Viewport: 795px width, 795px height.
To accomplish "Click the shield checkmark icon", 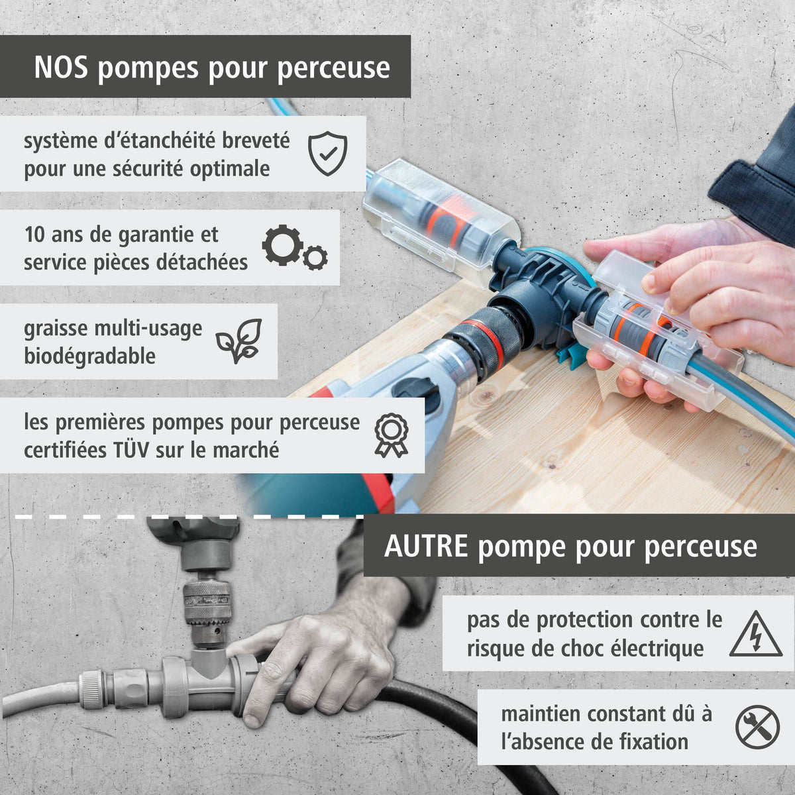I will (328, 153).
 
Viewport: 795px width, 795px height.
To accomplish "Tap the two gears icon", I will (294, 247).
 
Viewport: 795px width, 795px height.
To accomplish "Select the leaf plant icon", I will (239, 341).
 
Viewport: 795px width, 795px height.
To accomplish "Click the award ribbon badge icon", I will (391, 435).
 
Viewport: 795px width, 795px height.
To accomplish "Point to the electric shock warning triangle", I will (755, 634).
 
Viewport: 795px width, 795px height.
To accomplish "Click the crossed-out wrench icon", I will (757, 727).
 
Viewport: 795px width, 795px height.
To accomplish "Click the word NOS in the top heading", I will (61, 68).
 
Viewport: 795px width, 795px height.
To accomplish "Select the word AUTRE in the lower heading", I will (426, 547).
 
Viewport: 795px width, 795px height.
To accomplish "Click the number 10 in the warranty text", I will (34, 235).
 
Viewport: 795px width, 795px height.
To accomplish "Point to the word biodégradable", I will (89, 356).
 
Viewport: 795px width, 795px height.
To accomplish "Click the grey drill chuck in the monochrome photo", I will (207, 603).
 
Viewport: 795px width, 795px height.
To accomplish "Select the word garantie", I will (163, 235).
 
